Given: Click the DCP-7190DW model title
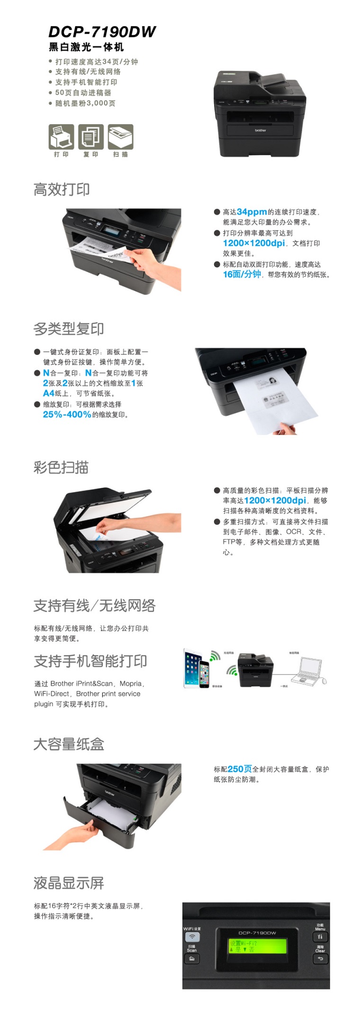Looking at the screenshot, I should coord(102,32).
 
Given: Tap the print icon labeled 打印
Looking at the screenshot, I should coord(61,137).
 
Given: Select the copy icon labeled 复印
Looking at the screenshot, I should coord(91,137).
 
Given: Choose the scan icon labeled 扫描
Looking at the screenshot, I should coord(120,137).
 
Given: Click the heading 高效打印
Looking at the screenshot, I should coord(62,189).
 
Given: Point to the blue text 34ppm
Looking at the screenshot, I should coord(252,212).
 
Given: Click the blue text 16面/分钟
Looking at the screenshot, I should coord(242,274).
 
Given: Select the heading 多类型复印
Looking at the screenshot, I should coord(69,328).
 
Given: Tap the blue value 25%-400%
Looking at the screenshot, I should coord(67,415).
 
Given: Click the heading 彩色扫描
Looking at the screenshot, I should coord(61,467).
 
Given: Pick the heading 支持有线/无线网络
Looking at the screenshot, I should coord(94,605).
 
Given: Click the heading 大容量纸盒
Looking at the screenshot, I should coord(69,744).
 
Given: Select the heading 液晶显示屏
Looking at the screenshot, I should coord(69,883).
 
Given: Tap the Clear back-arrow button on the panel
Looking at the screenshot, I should coord(320,959).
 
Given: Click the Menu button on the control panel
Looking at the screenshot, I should coord(320,937).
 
